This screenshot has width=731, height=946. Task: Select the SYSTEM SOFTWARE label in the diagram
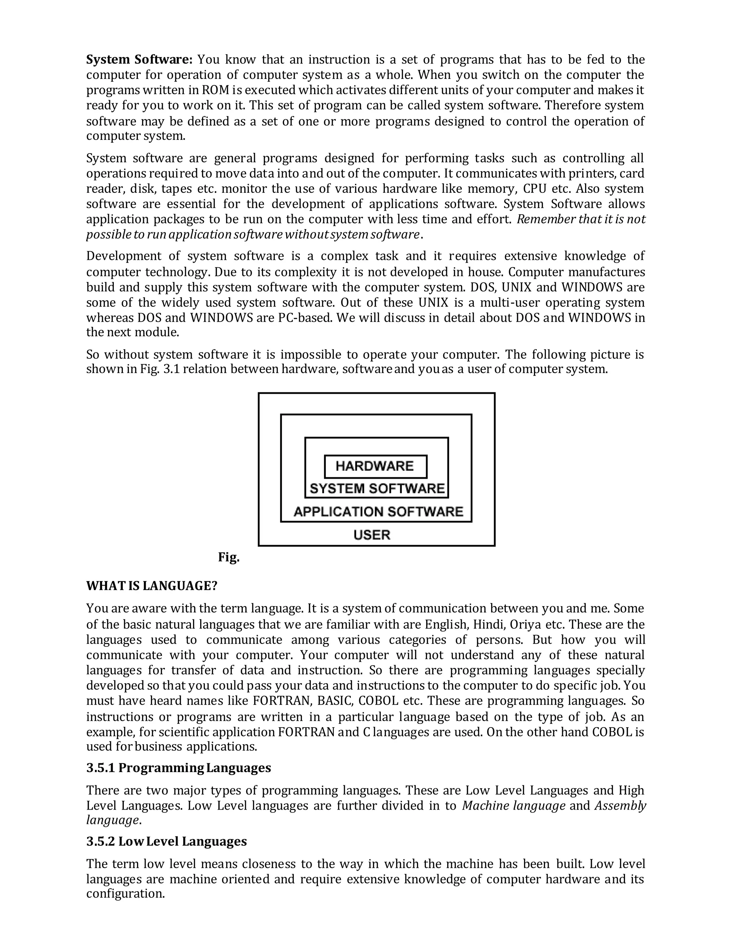tap(377, 489)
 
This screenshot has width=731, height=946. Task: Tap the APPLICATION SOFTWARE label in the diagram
tap(378, 512)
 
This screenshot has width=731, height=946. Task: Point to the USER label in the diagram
tap(372, 535)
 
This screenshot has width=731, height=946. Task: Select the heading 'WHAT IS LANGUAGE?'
tap(152, 586)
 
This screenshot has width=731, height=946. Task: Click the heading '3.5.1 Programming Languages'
tap(178, 768)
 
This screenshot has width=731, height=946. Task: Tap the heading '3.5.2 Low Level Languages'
tap(166, 842)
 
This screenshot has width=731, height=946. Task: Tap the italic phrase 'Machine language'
tap(514, 806)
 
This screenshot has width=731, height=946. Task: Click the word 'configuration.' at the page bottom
tap(126, 894)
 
